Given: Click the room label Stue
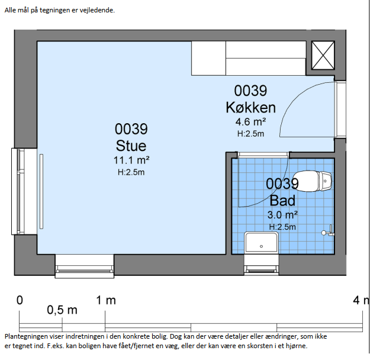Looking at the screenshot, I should [131, 146].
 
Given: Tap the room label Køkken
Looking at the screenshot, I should [250, 107].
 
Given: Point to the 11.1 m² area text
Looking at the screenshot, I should [131, 160].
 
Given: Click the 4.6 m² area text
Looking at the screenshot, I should [250, 122].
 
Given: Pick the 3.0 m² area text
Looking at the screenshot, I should [282, 214].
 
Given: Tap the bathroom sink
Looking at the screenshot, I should [261, 242].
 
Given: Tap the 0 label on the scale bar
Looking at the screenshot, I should [20, 300].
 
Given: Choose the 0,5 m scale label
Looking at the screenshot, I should [62, 310].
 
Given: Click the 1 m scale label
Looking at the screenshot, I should [107, 300].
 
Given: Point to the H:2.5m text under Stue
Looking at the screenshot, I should [131, 172].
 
